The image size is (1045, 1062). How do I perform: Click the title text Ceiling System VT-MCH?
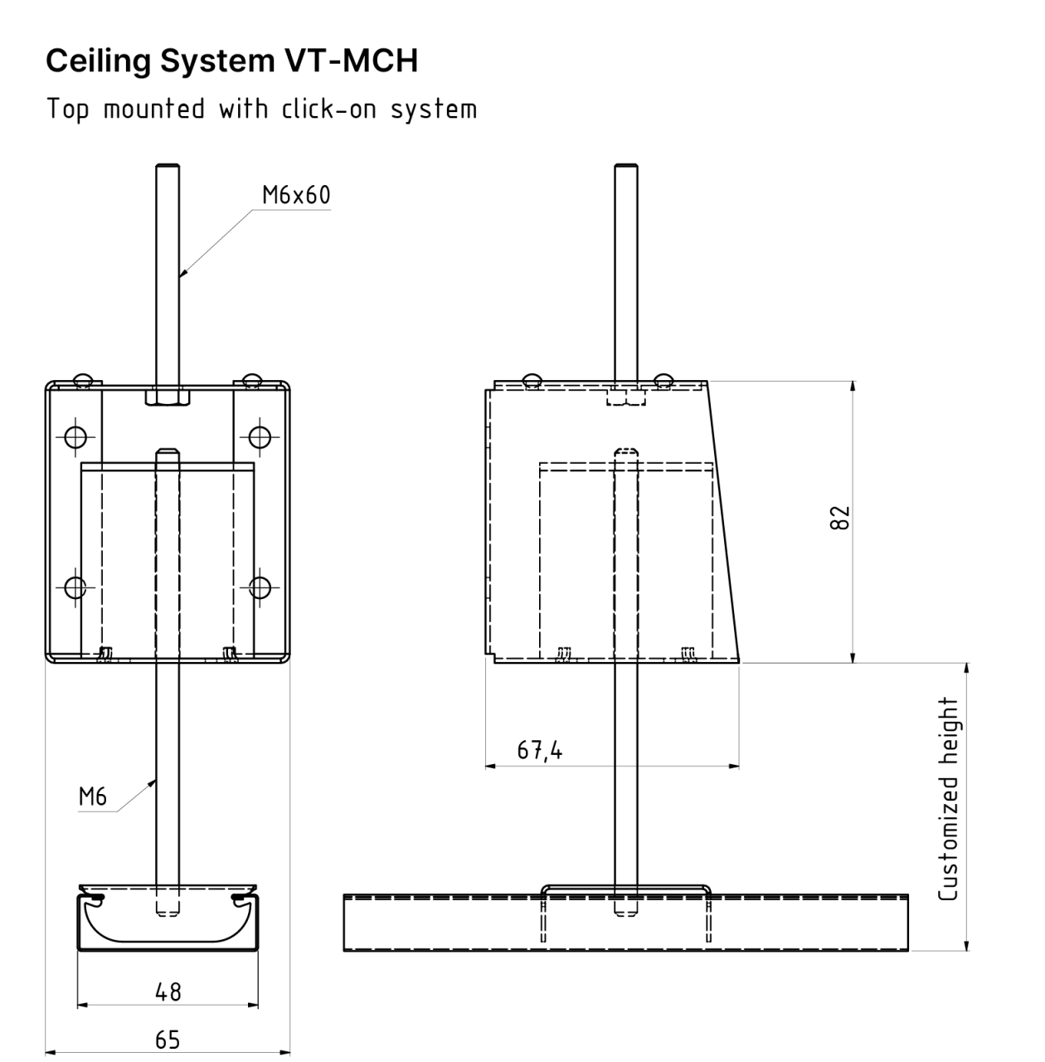(231, 61)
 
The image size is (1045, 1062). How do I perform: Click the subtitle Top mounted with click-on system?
(261, 109)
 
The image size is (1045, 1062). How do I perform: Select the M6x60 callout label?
(296, 195)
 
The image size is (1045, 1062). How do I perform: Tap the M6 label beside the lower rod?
(93, 796)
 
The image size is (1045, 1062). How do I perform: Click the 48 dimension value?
(168, 991)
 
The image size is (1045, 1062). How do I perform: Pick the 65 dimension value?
(168, 1040)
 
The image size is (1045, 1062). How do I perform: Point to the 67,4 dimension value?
(539, 751)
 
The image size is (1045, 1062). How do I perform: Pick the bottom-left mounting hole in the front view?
(75, 587)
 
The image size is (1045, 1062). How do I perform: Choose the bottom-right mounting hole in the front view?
(260, 587)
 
